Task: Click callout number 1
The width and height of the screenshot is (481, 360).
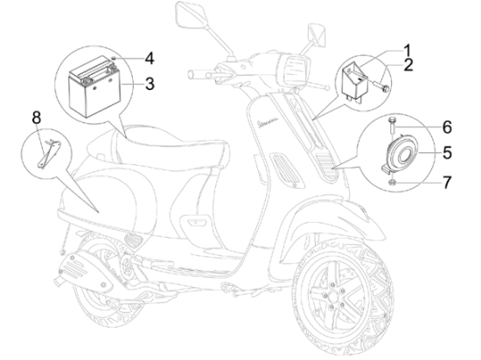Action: coord(407,51)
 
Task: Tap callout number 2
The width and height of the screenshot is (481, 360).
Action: coord(408,65)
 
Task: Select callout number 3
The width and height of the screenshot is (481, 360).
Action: coord(150,84)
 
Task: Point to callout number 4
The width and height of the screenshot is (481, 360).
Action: coord(150,59)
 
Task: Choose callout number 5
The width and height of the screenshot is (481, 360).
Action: coord(447,152)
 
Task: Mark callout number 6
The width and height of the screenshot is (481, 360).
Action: coord(447,127)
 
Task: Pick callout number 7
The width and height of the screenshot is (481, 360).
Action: coord(447,183)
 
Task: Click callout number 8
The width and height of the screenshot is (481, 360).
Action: coord(37,118)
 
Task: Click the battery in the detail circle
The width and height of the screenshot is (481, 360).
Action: coord(94,87)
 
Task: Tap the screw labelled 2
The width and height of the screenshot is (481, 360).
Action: coord(382,85)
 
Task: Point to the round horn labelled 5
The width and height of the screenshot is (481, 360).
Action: coord(401,153)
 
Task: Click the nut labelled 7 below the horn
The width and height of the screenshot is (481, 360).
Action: coord(392,183)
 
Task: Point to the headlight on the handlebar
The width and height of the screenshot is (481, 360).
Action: coord(295,68)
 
